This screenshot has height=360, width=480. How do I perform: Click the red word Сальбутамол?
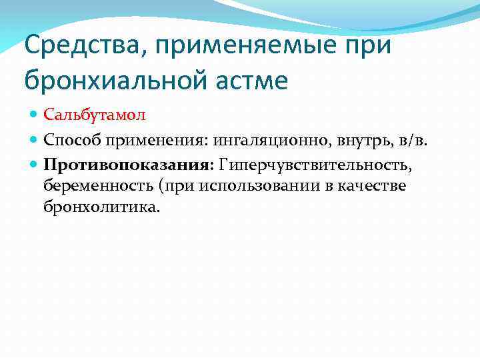point(95,114)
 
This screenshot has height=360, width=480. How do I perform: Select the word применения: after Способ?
point(152,139)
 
